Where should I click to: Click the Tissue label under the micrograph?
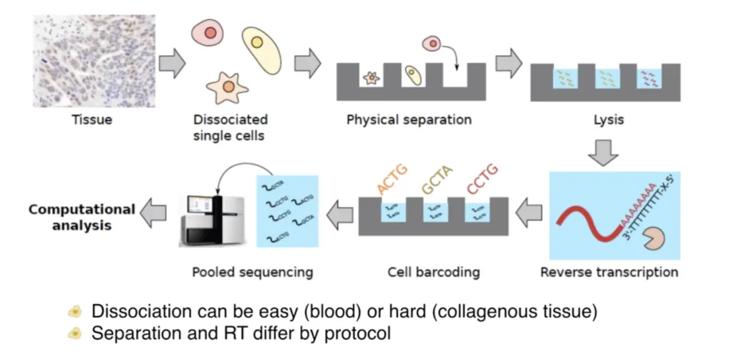tap(92, 120)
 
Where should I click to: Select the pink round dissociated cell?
tap(207, 32)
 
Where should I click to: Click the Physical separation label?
tap(409, 120)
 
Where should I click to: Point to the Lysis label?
tap(608, 120)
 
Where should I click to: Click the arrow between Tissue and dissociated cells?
tap(172, 63)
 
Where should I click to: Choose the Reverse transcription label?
tap(610, 273)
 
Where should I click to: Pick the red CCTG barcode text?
tap(483, 178)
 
